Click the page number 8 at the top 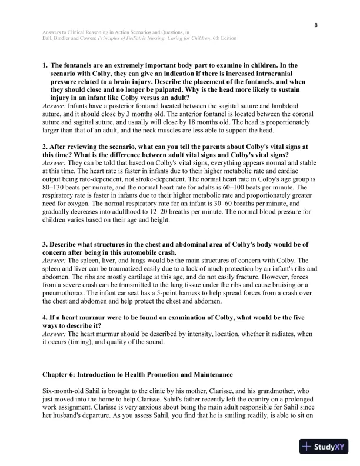coord(316,25)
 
